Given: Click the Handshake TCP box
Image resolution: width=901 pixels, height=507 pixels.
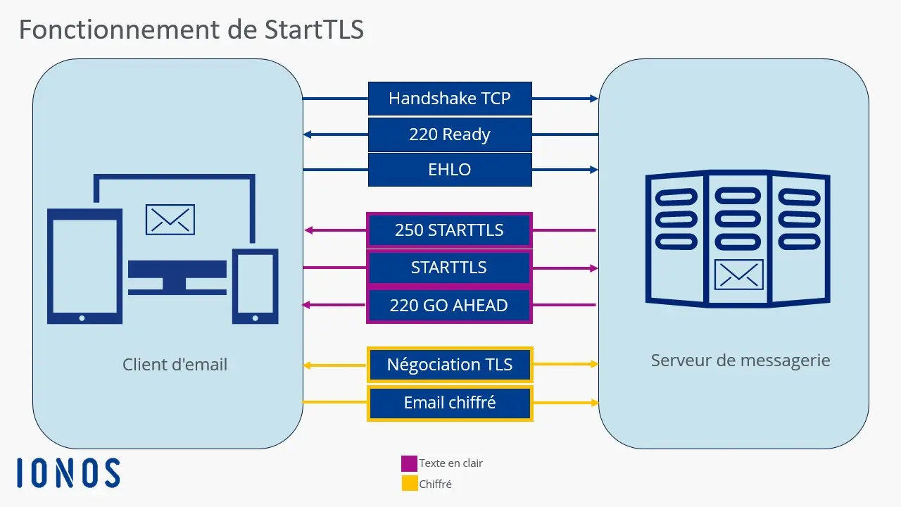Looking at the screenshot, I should (x=450, y=99).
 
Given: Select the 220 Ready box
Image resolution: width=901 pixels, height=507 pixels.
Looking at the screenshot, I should (x=450, y=134).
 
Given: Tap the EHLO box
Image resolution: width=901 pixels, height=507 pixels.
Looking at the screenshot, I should (x=450, y=170).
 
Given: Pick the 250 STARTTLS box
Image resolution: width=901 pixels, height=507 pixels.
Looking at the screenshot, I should (x=449, y=230).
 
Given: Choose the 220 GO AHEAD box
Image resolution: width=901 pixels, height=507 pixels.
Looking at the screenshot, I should (x=449, y=306).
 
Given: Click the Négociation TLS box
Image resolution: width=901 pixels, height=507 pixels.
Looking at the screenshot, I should (x=450, y=365).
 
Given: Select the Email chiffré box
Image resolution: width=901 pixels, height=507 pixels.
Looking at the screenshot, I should (x=450, y=403).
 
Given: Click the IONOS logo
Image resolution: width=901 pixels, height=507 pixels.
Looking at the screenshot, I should (x=68, y=472).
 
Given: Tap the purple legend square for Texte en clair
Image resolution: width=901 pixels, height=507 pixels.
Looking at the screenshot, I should (x=409, y=463).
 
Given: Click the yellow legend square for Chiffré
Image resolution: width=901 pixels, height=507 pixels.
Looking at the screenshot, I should (x=409, y=484).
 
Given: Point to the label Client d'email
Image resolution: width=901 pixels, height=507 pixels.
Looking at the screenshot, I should (x=175, y=365).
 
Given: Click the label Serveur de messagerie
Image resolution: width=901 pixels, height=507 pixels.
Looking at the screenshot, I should (x=741, y=361).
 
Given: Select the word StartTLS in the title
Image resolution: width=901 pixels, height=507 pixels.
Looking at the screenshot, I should (x=314, y=30).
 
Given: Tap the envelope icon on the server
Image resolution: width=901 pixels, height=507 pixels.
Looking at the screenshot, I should (x=738, y=275).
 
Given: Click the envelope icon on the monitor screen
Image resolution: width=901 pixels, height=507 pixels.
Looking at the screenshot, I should (x=170, y=220).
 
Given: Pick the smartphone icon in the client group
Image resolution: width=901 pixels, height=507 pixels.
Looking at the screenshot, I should (x=255, y=286).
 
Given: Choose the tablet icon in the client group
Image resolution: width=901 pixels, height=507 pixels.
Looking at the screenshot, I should (x=84, y=266).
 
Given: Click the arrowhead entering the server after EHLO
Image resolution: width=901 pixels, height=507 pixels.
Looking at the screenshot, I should (x=593, y=170).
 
